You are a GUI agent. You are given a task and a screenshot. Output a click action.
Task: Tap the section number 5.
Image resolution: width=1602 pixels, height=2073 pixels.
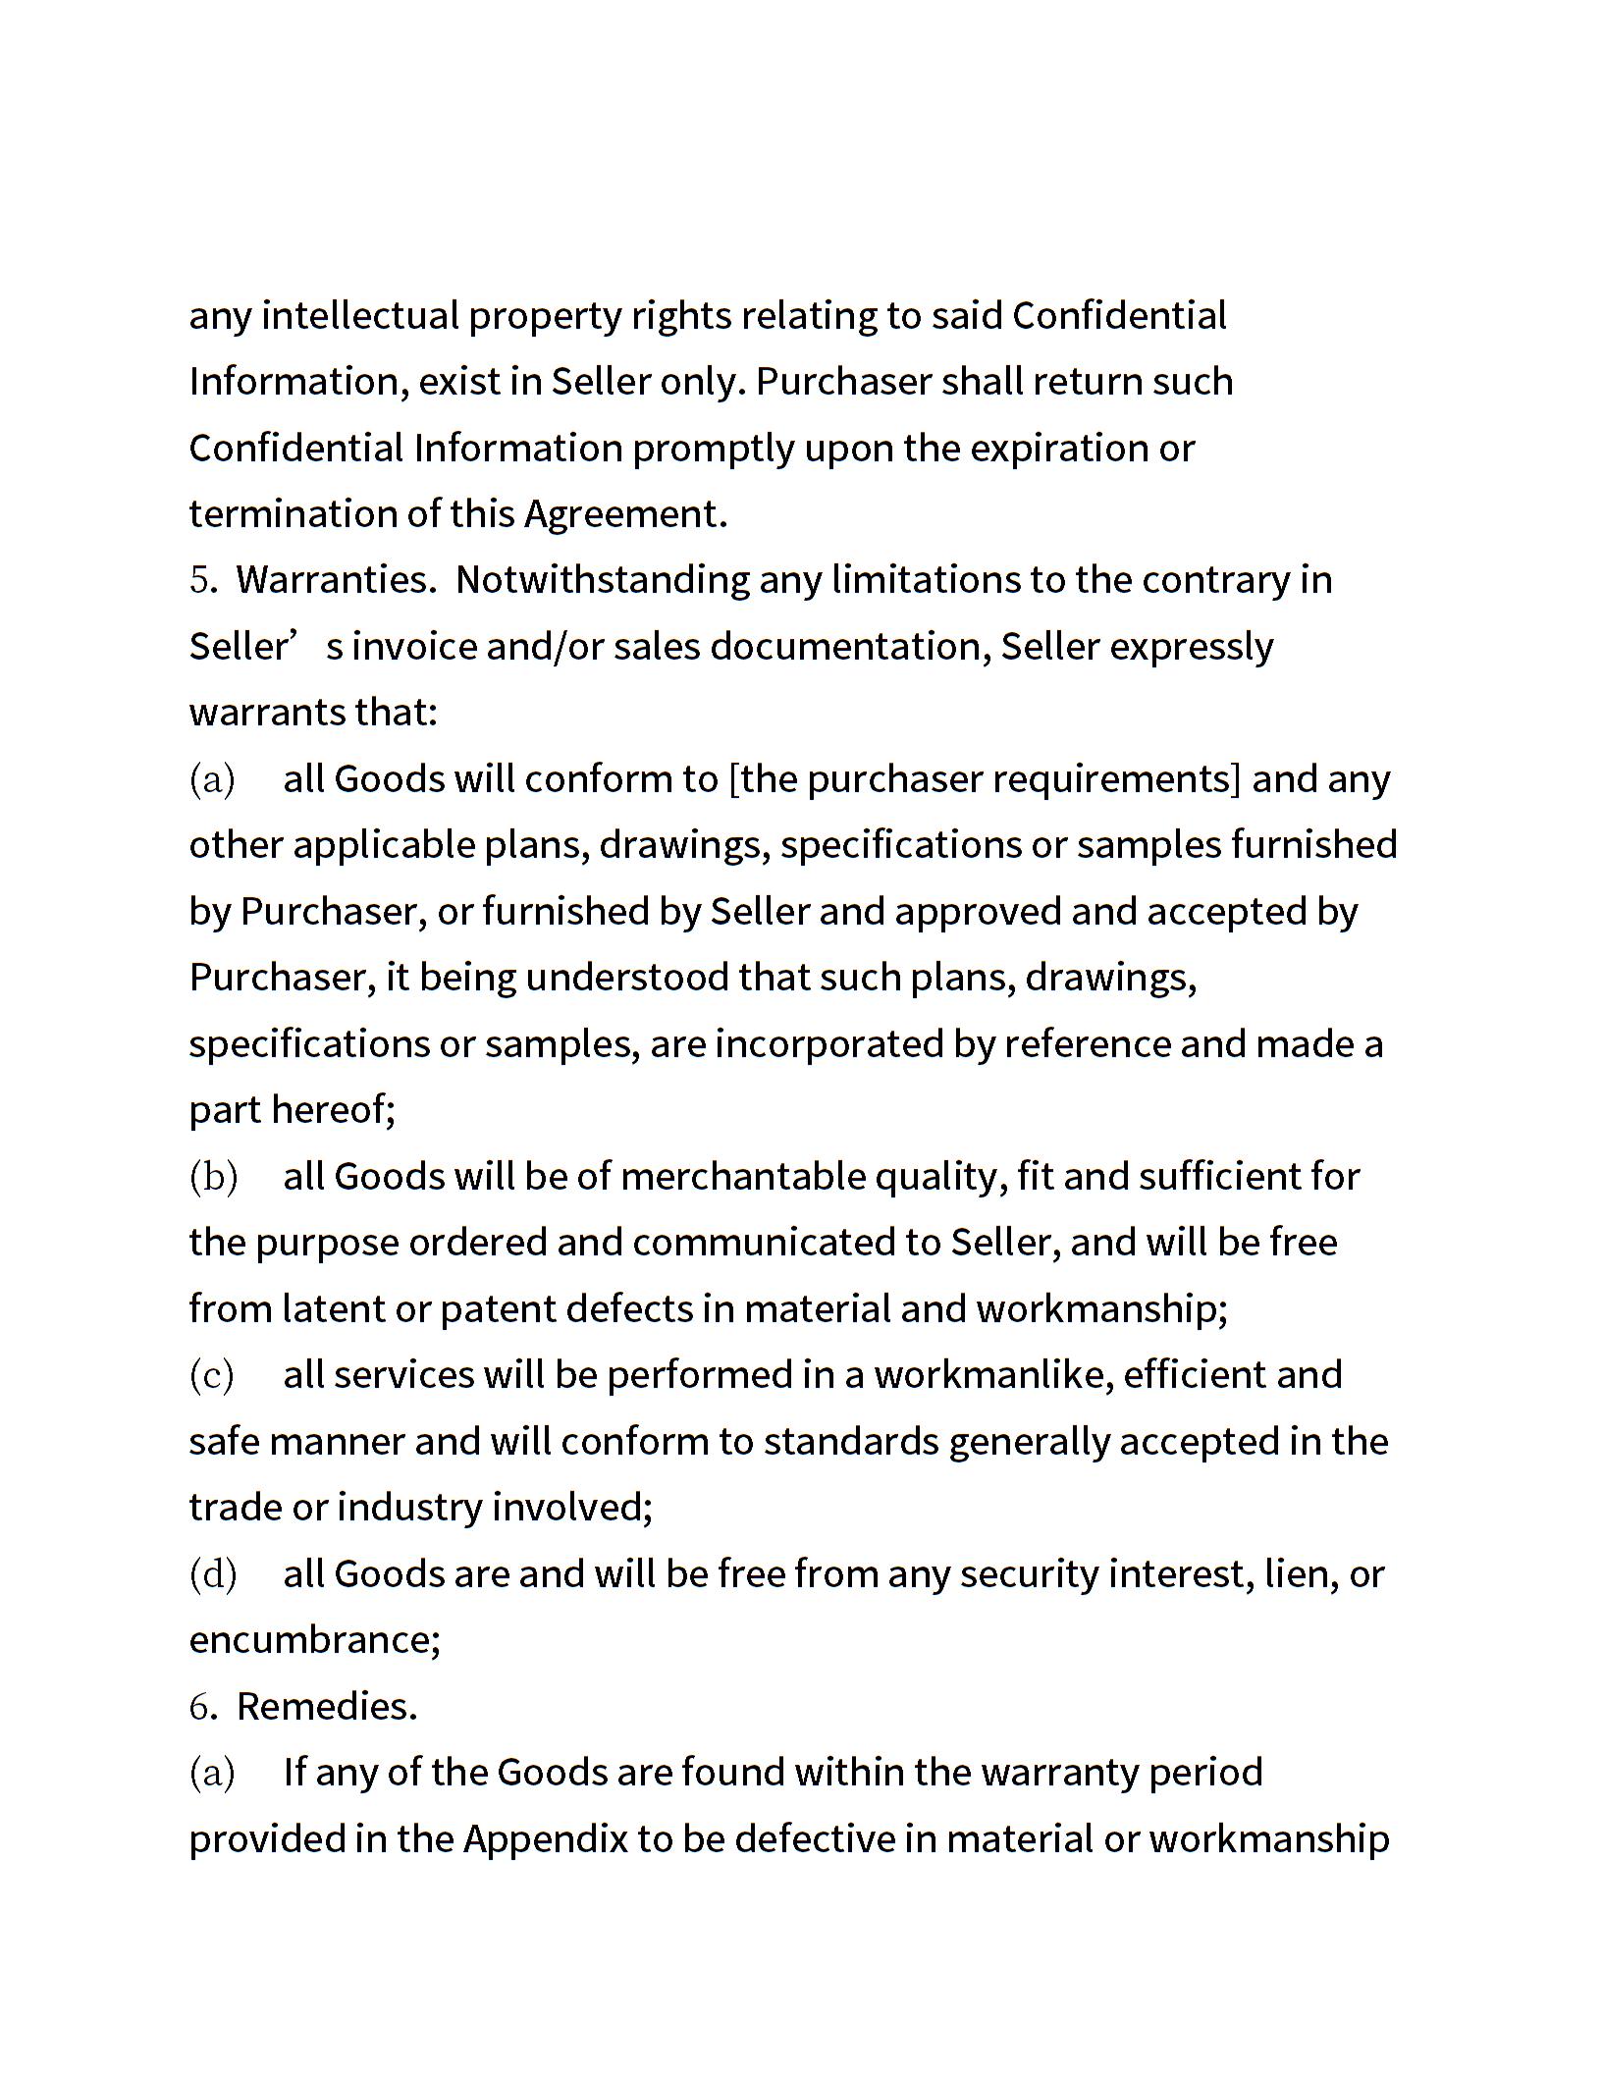[202, 580]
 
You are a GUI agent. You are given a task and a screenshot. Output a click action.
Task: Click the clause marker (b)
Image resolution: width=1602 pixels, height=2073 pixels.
[213, 1177]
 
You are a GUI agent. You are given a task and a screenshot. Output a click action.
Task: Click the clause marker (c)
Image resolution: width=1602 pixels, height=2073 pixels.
[212, 1376]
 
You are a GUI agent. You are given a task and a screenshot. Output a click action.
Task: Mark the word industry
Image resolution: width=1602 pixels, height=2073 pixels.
[409, 1508]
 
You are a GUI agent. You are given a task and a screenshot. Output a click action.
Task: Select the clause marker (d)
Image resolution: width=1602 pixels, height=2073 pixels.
[213, 1574]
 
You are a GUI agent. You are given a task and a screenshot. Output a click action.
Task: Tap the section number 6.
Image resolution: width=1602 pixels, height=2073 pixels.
[202, 1707]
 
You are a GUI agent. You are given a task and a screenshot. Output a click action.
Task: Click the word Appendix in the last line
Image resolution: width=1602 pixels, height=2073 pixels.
[545, 1839]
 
